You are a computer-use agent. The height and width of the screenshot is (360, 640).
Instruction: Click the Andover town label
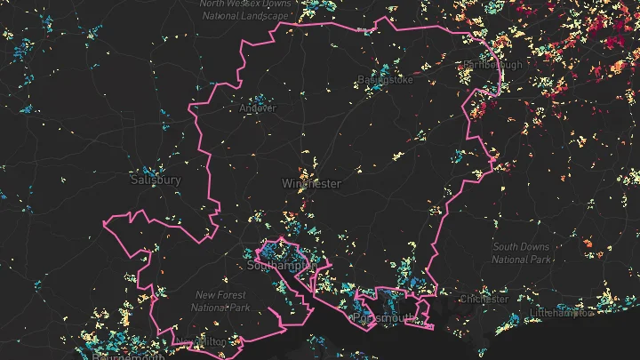[x=258, y=108]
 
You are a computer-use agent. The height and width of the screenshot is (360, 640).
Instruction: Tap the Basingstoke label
[x=380, y=80]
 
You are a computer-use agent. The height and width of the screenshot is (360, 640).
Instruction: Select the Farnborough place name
[x=492, y=64]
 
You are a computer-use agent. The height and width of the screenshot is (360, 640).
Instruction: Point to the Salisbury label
[x=156, y=180]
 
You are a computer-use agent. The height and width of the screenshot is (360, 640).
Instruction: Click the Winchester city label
[x=311, y=184]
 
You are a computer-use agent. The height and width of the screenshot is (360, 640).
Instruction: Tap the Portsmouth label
[x=385, y=317]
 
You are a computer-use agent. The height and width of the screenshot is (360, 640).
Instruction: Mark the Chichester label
[x=484, y=300]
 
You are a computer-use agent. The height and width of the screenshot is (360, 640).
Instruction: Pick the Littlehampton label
[x=562, y=314]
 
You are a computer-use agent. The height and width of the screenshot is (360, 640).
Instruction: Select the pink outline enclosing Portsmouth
[x=357, y=294]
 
